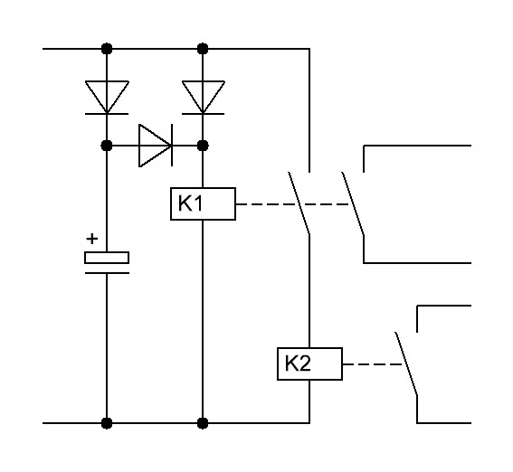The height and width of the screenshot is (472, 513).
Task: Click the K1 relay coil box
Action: (x=203, y=203)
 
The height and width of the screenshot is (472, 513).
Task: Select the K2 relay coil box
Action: (x=309, y=363)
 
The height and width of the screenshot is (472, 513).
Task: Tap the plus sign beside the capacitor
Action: (x=92, y=239)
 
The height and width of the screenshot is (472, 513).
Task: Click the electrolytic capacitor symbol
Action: (x=107, y=262)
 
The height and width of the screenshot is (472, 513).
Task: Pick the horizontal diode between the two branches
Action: (x=156, y=146)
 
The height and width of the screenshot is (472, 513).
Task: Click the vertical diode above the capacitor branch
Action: (x=107, y=98)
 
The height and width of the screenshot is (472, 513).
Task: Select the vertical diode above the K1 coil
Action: (x=203, y=98)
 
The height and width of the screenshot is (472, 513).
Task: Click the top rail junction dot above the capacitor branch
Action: (x=107, y=49)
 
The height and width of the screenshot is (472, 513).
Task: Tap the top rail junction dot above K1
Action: (x=203, y=49)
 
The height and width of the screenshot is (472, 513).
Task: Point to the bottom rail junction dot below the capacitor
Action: (x=107, y=423)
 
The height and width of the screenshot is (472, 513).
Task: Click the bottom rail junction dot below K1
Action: (x=203, y=423)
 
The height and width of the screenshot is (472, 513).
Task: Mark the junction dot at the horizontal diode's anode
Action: (x=107, y=146)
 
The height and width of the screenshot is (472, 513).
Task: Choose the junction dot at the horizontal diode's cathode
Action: (x=203, y=146)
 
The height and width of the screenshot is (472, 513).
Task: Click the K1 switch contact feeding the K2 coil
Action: (x=299, y=203)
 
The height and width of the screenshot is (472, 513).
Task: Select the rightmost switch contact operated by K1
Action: (x=353, y=203)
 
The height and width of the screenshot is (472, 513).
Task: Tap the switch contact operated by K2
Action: (x=406, y=363)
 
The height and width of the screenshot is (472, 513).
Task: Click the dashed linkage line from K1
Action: (x=293, y=204)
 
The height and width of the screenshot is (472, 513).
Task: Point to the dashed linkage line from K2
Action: (x=373, y=364)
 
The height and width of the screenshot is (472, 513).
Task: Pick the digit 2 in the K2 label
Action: (x=304, y=363)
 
